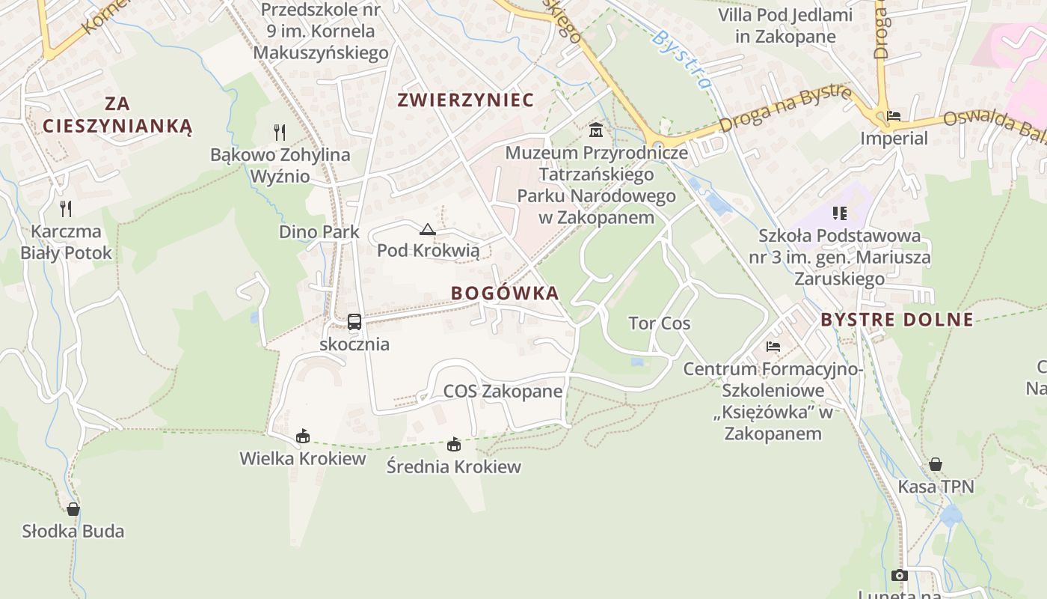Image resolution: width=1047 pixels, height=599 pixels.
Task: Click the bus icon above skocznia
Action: point(354,322)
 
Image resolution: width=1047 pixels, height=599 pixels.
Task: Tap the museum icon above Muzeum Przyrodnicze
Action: point(596,130)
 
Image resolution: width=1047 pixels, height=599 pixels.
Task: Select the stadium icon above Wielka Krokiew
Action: point(303,436)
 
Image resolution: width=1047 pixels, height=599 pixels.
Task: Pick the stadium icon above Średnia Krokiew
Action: point(454,445)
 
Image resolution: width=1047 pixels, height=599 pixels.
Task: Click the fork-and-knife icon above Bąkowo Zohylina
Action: point(280,133)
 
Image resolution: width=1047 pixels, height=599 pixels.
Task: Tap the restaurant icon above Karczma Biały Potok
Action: point(66,208)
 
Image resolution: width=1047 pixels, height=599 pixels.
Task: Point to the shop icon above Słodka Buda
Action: point(73,509)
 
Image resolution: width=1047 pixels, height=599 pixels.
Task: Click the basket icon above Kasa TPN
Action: point(936,464)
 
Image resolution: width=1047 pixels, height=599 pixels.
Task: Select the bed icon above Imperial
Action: point(894,116)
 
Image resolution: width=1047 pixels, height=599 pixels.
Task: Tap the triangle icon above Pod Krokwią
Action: point(428,229)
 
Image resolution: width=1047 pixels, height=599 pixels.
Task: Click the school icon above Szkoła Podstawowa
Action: point(840,213)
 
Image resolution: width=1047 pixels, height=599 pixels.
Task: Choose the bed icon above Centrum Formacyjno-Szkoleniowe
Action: point(773,347)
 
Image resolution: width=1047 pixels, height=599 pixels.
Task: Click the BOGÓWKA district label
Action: point(505,293)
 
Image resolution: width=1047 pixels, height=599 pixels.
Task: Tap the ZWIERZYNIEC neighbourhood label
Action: point(465,100)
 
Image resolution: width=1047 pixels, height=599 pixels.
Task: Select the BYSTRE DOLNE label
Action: point(897,320)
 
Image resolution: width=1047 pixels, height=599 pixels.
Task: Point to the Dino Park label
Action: point(319,232)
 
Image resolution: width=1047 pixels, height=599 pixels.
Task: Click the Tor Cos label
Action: point(659,323)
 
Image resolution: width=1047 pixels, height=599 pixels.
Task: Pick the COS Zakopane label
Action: point(503,391)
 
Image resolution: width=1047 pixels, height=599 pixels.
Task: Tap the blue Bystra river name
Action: point(681,58)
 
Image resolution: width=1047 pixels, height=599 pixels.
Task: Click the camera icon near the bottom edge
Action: point(900,575)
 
